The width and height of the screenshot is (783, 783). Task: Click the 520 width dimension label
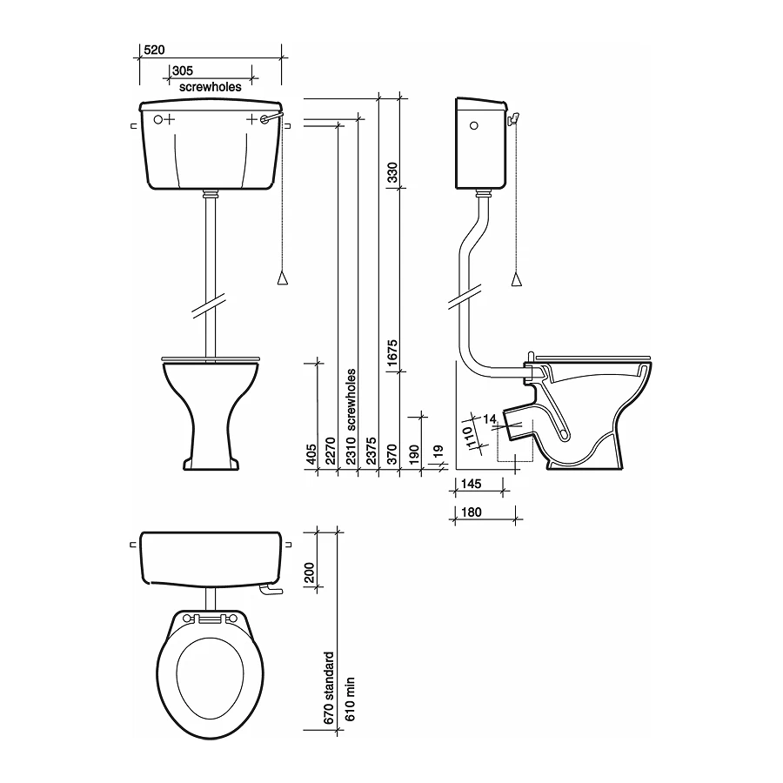tap(154, 50)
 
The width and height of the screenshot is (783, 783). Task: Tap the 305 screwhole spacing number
tap(183, 71)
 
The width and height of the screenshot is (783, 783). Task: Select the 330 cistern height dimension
tap(392, 172)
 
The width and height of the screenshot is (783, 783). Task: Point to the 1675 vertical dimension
tap(392, 352)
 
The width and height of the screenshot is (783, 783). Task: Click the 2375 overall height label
tap(371, 451)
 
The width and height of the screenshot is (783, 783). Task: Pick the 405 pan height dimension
tap(311, 454)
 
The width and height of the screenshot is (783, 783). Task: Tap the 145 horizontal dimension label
tap(471, 484)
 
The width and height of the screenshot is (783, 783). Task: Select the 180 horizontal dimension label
tap(472, 512)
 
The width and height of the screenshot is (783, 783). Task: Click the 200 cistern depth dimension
tap(310, 572)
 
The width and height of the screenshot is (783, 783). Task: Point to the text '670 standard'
tap(329, 687)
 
